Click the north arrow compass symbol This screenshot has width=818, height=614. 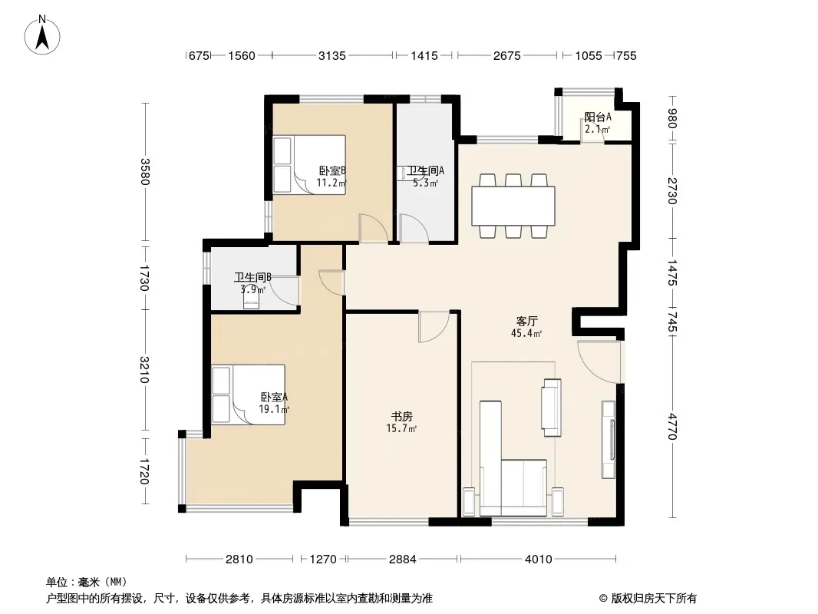point(42,35)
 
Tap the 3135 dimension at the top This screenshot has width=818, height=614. point(332,56)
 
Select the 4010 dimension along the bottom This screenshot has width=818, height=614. point(539,560)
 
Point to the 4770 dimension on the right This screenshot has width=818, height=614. point(673,426)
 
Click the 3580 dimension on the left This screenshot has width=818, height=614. point(145,172)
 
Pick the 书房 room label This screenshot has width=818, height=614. point(402,416)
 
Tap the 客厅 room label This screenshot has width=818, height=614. point(527,321)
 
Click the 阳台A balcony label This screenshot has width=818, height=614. point(598,117)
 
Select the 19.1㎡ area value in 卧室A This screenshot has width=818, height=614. point(274,410)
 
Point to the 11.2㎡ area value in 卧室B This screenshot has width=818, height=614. point(331,183)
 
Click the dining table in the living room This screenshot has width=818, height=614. point(513,206)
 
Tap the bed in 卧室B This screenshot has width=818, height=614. point(309,165)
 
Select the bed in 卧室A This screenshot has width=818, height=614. point(249,394)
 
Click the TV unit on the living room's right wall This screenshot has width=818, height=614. point(609,439)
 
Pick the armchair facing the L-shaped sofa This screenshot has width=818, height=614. point(552,408)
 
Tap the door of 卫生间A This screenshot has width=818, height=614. point(414,228)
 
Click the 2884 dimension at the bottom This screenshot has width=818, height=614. point(403,560)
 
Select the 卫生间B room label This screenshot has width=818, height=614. point(252,277)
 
